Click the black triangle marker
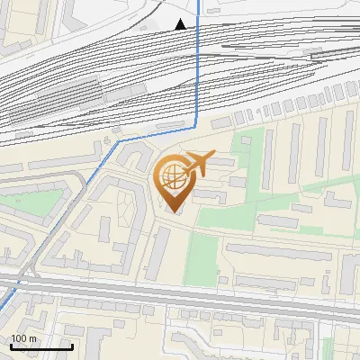pyautogui.click(x=181, y=24)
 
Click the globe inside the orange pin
pyautogui.click(x=173, y=177)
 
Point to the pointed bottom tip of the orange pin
pyautogui.click(x=173, y=211)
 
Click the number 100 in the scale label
pyautogui.click(x=18, y=338)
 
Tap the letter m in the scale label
pyautogui.click(x=31, y=338)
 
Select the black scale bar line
pyautogui.click(x=41, y=346)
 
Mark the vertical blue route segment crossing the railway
pyautogui.click(x=197, y=72)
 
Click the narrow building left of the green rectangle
pyautogui.click(x=163, y=252)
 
